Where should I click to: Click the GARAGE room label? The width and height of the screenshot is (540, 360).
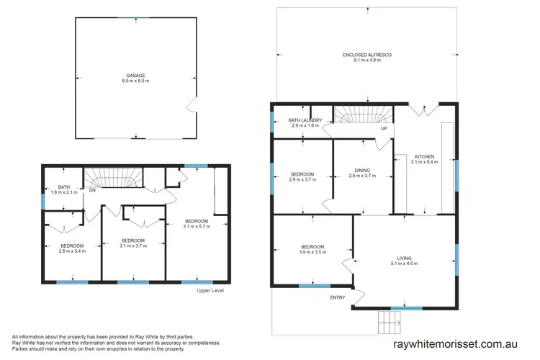click(x=136, y=75)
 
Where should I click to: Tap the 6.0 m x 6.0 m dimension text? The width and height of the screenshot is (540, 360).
click(x=136, y=81)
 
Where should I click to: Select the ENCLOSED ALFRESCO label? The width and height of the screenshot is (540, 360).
click(x=367, y=55)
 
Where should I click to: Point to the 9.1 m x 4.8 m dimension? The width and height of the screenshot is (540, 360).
click(x=367, y=60)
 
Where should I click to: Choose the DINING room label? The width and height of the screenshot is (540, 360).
click(x=363, y=170)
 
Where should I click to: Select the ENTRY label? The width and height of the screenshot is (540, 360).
click(x=338, y=297)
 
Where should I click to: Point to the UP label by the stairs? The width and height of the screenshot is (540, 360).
click(x=384, y=129)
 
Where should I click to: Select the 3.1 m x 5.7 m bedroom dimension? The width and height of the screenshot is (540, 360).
click(x=196, y=226)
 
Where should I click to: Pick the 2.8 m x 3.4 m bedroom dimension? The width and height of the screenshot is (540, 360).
click(x=73, y=252)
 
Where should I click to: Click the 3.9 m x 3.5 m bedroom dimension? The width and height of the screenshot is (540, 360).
click(x=312, y=253)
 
